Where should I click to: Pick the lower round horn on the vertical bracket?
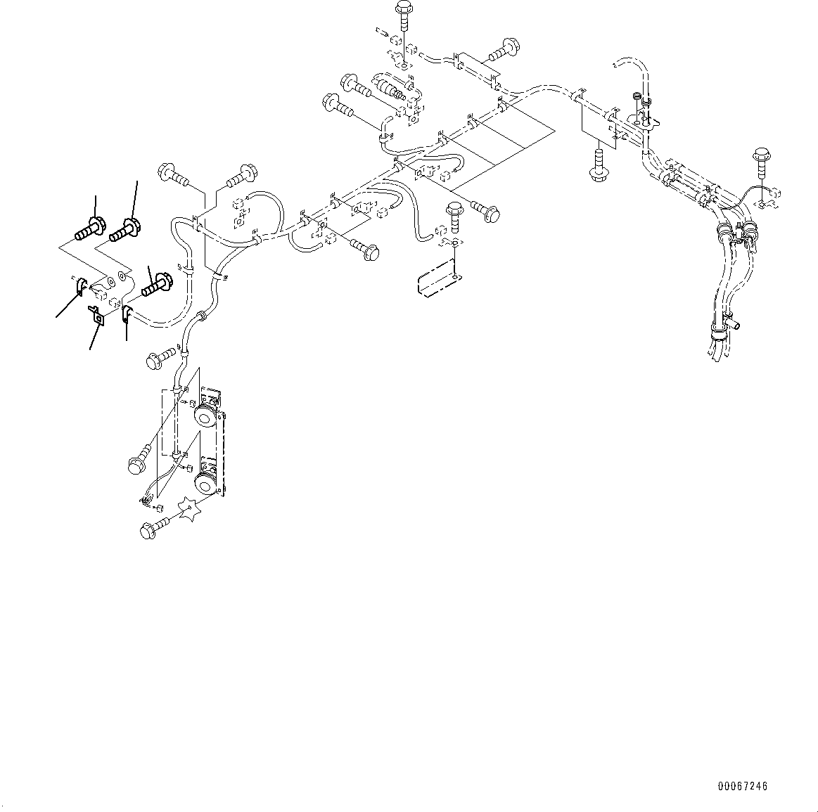point(205,484)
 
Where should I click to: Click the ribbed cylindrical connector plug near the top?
point(392,89)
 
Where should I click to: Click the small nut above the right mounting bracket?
point(637,98)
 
